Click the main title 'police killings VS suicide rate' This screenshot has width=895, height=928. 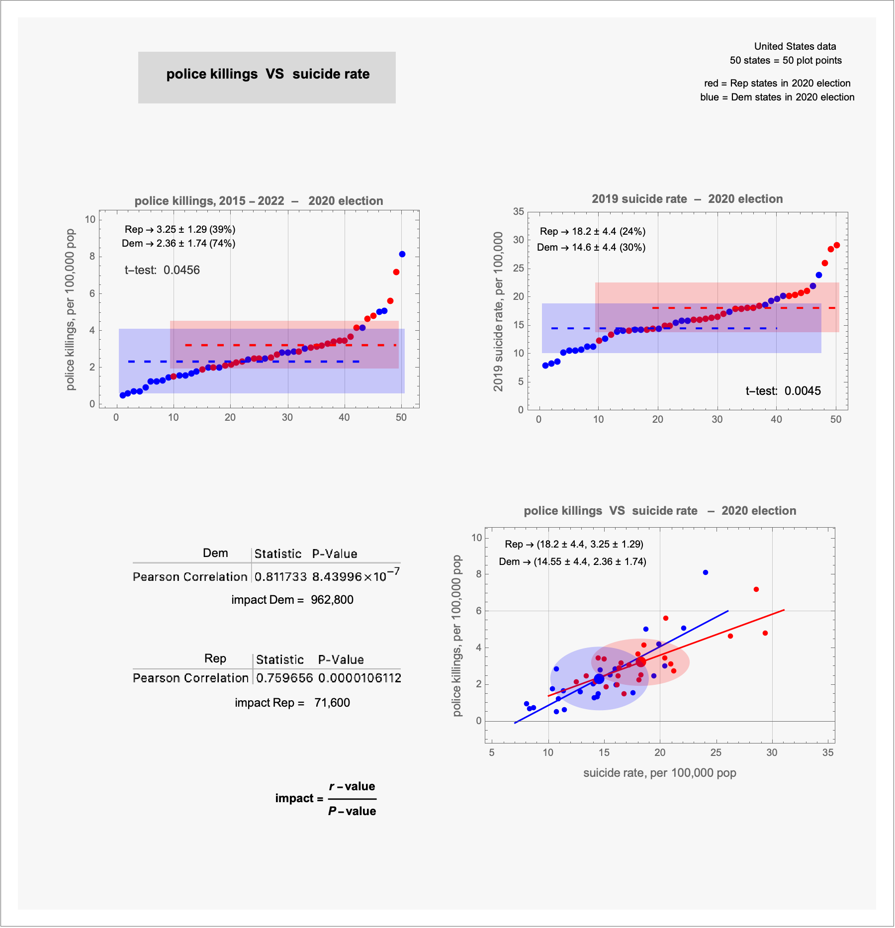(x=268, y=74)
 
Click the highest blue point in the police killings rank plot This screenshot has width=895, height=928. (x=402, y=254)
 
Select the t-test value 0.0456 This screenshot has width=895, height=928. (x=181, y=270)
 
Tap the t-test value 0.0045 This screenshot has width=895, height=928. (x=803, y=391)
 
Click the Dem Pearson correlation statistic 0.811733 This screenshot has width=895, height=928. (x=280, y=577)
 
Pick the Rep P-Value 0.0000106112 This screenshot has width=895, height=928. (x=359, y=678)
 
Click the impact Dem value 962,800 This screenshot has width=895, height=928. (x=332, y=600)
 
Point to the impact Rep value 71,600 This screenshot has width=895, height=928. (x=332, y=703)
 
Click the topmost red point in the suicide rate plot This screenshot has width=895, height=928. (x=837, y=245)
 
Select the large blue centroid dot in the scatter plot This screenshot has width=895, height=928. (x=599, y=679)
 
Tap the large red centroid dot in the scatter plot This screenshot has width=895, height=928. (x=641, y=662)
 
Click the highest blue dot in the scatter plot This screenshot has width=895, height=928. (x=706, y=572)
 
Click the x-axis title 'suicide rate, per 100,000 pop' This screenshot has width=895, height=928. (x=659, y=773)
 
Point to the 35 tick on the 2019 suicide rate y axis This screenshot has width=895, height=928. (x=519, y=212)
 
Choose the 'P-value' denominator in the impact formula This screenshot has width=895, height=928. (x=352, y=811)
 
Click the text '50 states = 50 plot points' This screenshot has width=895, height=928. (x=786, y=61)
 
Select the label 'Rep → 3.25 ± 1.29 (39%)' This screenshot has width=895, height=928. (x=180, y=229)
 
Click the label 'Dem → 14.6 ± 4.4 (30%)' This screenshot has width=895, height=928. (x=591, y=247)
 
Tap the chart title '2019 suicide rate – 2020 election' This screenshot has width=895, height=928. (x=687, y=199)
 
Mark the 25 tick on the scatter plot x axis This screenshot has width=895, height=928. (x=716, y=752)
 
